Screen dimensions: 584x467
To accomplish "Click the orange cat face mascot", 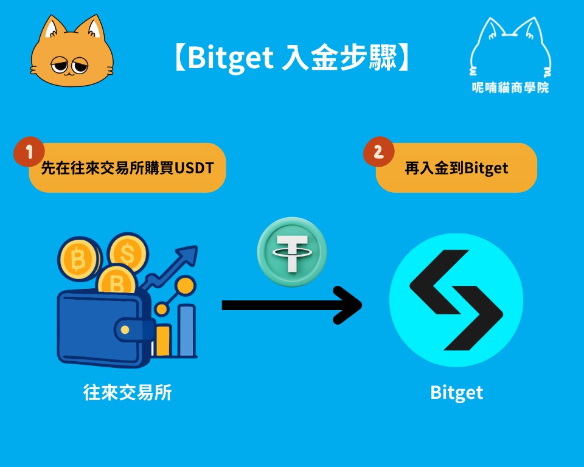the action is [x=72, y=52].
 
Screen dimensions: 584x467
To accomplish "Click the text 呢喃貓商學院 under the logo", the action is [x=510, y=88].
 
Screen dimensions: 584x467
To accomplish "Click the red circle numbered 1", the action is [x=29, y=151].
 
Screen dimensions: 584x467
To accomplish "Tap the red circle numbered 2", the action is [x=378, y=151].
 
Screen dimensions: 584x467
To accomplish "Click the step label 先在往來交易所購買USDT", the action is [x=127, y=168].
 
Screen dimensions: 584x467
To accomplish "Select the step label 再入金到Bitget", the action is [x=456, y=168].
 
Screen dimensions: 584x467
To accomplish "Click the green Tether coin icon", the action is [x=292, y=252].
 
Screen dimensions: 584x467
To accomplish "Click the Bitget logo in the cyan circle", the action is [x=456, y=300].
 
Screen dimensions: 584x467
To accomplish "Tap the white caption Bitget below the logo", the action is [x=457, y=393].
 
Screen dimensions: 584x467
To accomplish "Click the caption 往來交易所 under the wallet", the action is [x=127, y=393].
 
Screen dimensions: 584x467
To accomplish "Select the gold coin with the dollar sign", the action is [x=128, y=253].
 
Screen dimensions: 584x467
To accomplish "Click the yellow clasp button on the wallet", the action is [x=125, y=330].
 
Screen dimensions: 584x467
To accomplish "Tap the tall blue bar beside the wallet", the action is [x=187, y=330].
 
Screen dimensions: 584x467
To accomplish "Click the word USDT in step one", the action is [x=194, y=168].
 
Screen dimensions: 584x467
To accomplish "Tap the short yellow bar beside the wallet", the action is [x=163, y=341].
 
